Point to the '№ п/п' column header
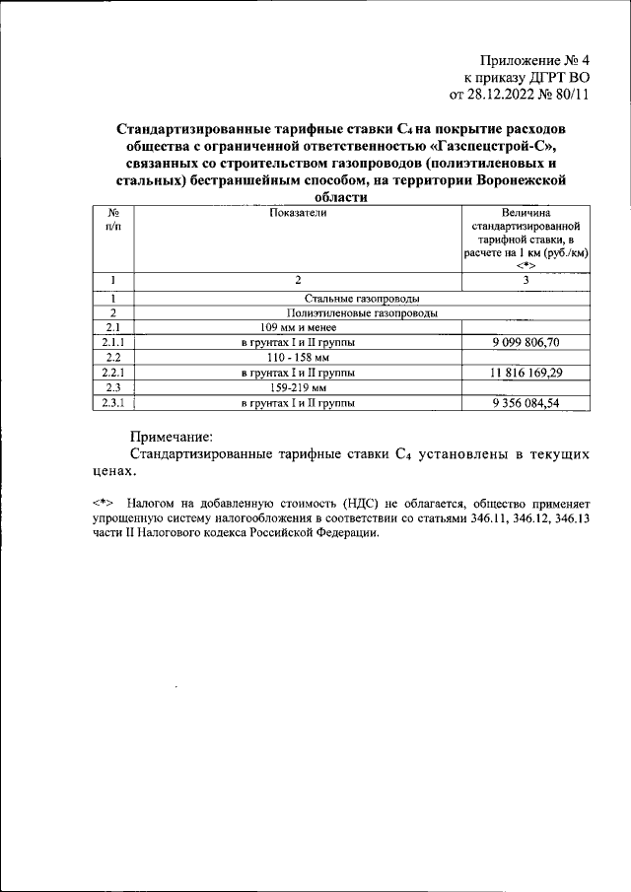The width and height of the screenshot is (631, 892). tap(113, 219)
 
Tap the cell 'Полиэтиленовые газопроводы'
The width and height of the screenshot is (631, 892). tap(363, 312)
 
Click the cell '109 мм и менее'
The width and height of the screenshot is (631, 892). tap(297, 327)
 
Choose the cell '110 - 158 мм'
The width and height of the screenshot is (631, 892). tap(297, 357)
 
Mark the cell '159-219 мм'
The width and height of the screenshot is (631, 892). tap(297, 387)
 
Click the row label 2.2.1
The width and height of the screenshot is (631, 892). tap(113, 373)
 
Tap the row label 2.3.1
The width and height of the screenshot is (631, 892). tap(113, 402)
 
